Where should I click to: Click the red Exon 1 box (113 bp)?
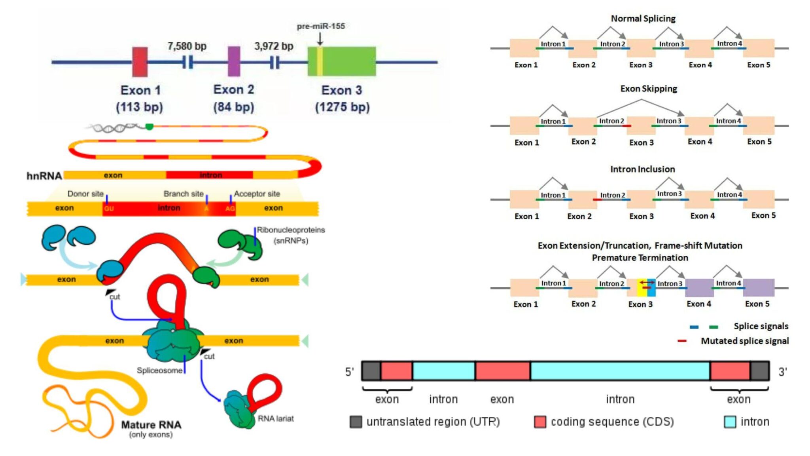coord(140,62)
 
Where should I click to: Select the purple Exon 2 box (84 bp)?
coord(234,61)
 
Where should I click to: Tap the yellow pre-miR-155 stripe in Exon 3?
coord(320,61)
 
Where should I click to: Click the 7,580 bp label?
coord(187,46)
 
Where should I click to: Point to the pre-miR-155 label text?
coord(321,26)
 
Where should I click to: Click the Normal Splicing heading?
coord(643,19)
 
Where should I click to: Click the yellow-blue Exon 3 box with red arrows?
coord(646,288)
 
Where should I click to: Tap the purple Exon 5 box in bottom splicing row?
coord(758,288)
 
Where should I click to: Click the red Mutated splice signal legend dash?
coord(682,341)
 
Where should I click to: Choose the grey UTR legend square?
coord(356,422)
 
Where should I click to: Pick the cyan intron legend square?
coord(730,422)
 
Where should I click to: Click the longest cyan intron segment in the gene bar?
coord(620,371)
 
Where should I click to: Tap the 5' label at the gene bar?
coord(349,372)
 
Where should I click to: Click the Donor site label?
coord(85,194)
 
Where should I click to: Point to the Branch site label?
coord(183,194)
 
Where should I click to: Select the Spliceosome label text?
coord(159,370)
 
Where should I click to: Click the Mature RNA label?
coord(151,425)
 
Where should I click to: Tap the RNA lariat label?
coord(276,418)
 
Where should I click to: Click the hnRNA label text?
coord(44,176)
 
